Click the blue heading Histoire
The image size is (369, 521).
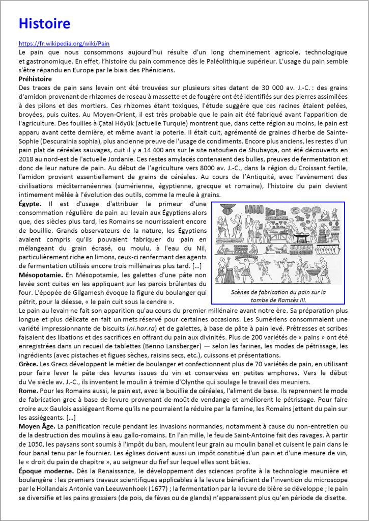pos(44,23)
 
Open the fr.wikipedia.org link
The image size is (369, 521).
pos(64,44)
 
